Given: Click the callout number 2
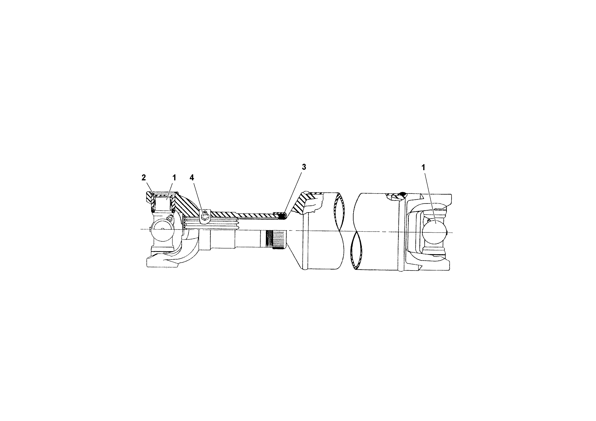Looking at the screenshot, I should (144, 178).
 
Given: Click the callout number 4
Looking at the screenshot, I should (192, 178).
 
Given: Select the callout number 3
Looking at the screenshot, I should (304, 167).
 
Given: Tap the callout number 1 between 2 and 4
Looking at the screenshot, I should (174, 178).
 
